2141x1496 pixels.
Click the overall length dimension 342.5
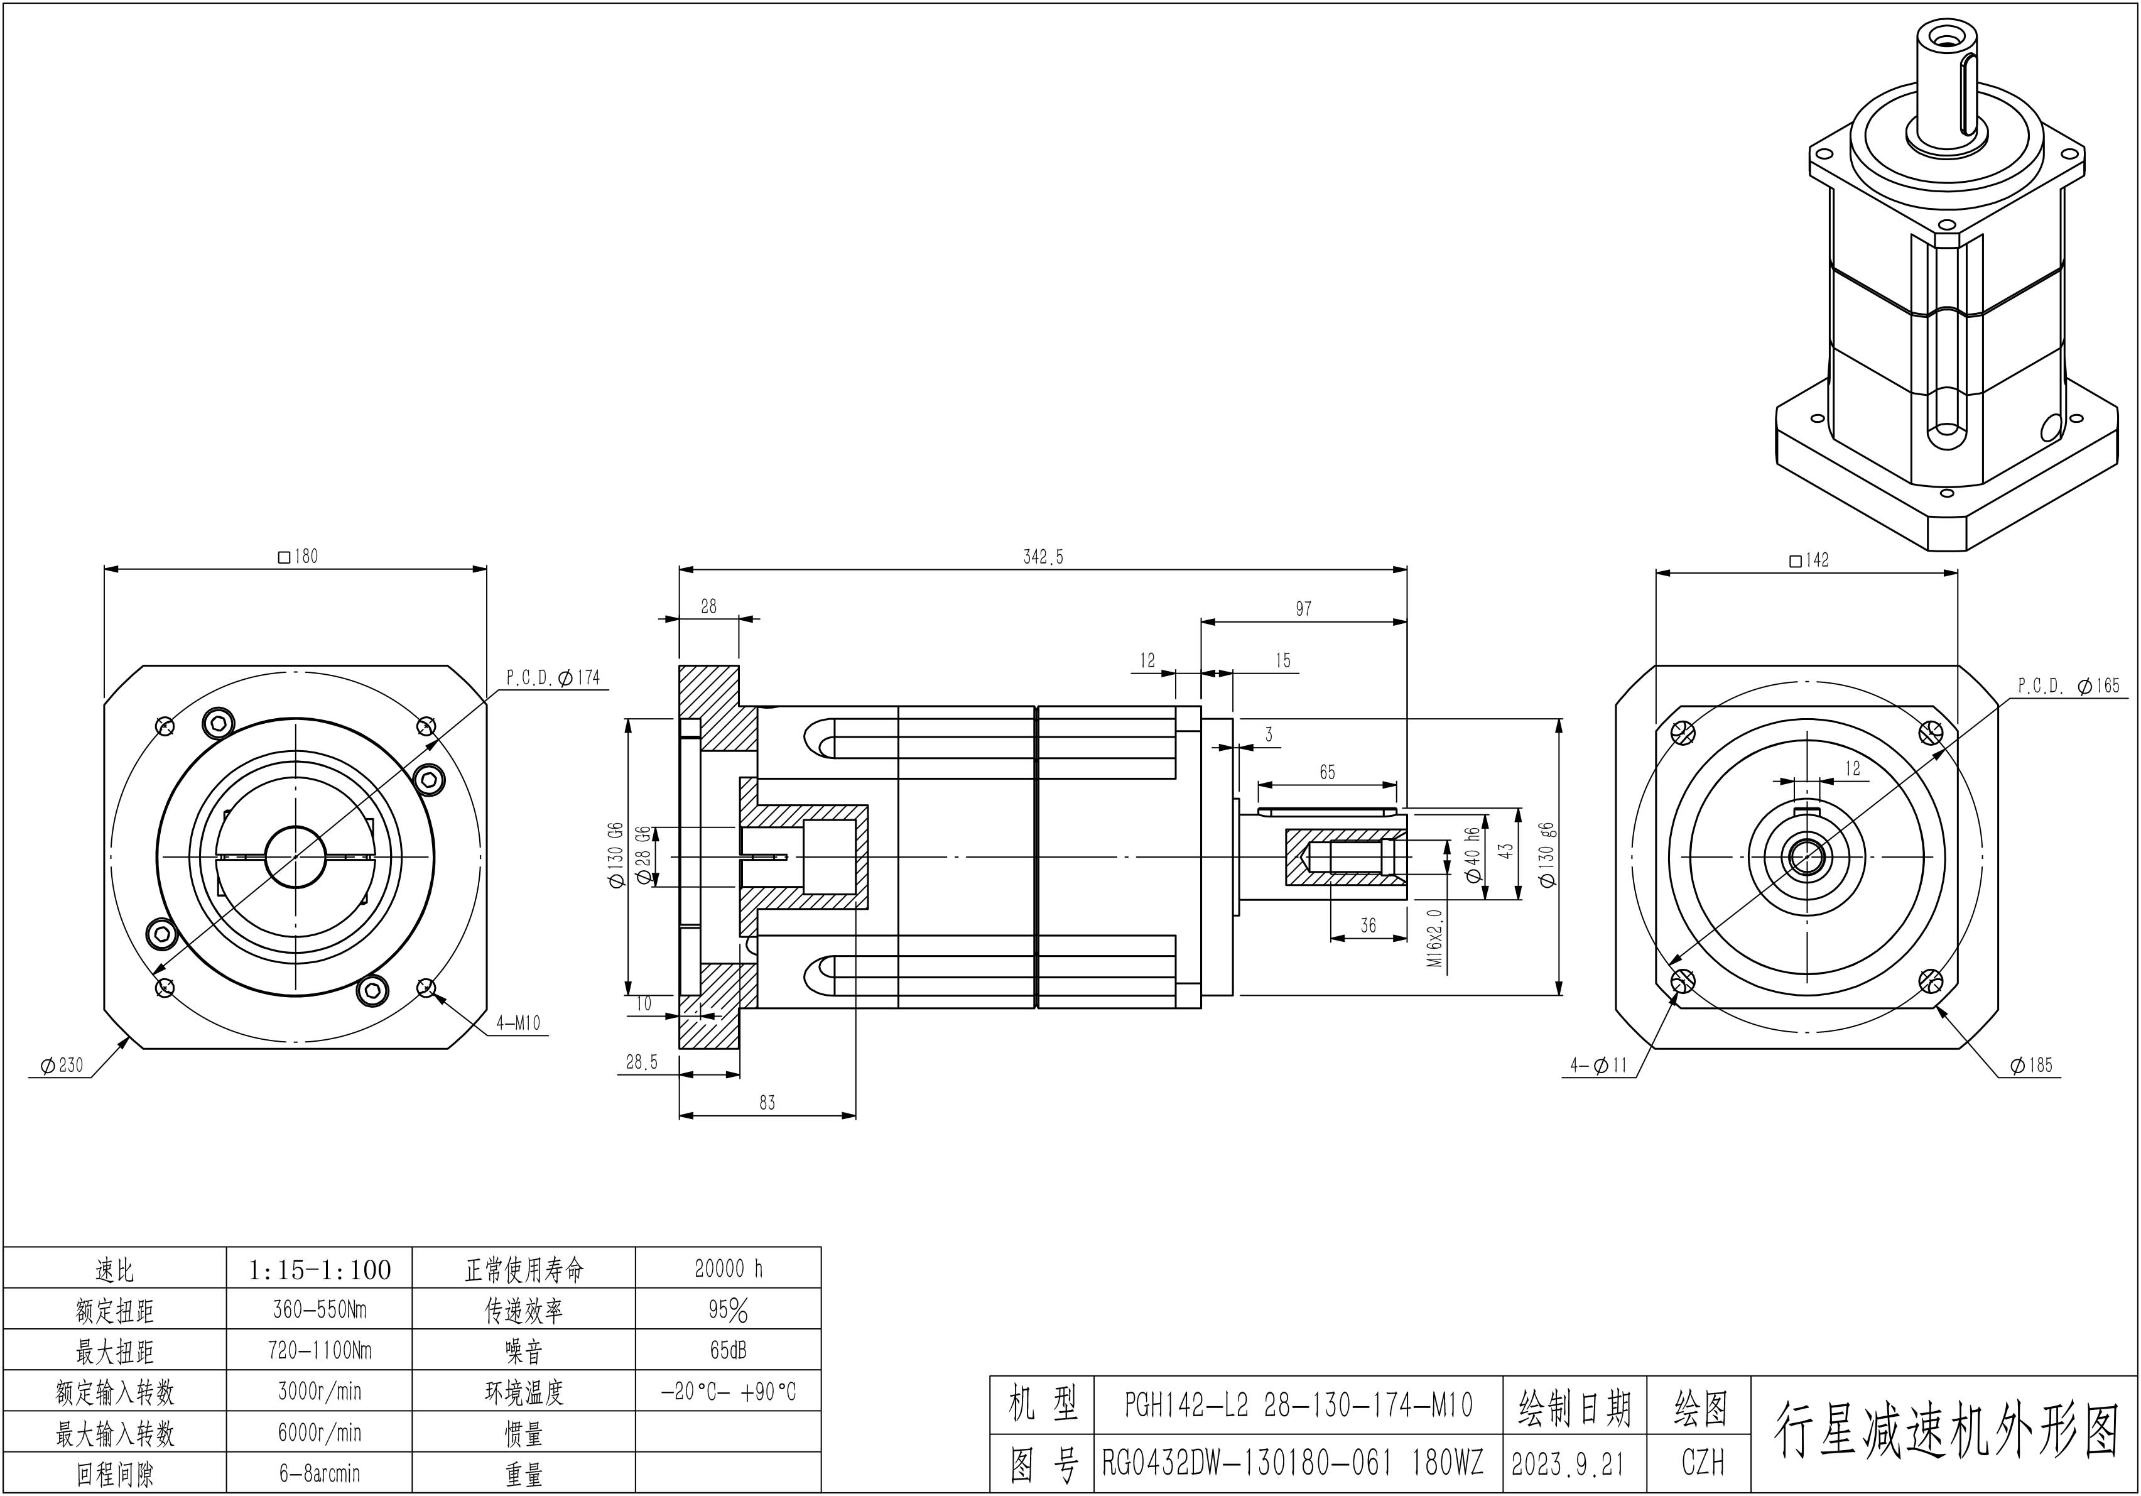click(1043, 557)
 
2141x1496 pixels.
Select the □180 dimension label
click(298, 556)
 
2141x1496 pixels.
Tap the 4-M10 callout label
click(519, 1023)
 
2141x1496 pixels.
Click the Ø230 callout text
click(62, 1065)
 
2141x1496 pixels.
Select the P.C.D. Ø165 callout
click(2068, 685)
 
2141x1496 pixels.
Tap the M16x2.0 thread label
click(1434, 938)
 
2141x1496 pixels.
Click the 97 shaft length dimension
click(1304, 609)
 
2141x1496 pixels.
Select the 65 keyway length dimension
click(1327, 772)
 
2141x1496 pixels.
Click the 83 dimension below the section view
click(766, 1103)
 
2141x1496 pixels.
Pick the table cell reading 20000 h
click(729, 1269)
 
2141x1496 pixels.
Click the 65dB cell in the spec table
click(729, 1350)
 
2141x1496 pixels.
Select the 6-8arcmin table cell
click(319, 1473)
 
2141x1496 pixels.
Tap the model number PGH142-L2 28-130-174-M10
click(1298, 1406)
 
